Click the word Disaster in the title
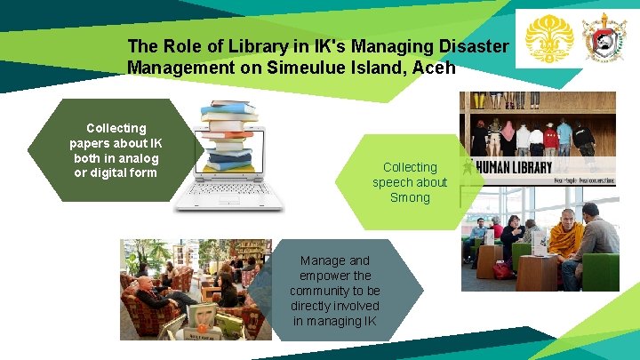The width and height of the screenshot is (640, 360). pyautogui.click(x=476, y=45)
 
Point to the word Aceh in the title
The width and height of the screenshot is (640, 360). pyautogui.click(x=433, y=67)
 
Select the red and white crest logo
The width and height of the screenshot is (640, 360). pyautogui.click(x=604, y=37)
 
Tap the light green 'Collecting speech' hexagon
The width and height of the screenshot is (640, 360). pyautogui.click(x=410, y=181)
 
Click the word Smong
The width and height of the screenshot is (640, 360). pyautogui.click(x=410, y=197)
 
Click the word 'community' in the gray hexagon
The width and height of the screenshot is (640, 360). pyautogui.click(x=334, y=291)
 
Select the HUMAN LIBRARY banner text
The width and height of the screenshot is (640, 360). pyautogui.click(x=514, y=166)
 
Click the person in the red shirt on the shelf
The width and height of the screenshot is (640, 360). pyautogui.click(x=552, y=138)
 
